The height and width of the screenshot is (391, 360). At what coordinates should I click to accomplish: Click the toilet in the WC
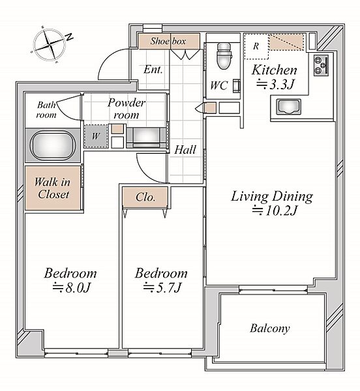(224, 56)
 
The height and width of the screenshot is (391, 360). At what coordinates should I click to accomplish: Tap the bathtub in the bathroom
(53, 145)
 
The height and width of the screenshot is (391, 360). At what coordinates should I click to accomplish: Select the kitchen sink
(289, 107)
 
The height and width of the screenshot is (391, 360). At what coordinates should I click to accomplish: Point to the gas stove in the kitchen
(322, 65)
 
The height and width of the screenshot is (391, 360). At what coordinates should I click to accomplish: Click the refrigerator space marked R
(256, 46)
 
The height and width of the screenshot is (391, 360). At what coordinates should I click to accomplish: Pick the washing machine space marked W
(96, 136)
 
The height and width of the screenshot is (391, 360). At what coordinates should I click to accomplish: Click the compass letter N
(69, 37)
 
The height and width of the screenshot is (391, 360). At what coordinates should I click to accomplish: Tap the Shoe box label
(168, 41)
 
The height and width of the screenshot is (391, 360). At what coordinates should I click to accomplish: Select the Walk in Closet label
(53, 188)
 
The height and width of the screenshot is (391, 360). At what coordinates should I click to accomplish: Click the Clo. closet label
(145, 197)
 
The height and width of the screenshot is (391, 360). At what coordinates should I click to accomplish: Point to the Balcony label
(270, 328)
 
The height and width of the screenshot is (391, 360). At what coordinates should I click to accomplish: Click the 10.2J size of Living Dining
(275, 210)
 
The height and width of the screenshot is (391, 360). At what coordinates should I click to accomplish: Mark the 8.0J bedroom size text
(71, 288)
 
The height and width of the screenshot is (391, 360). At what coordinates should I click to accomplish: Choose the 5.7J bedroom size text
(162, 288)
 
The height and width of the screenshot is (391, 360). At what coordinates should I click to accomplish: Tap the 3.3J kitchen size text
(275, 84)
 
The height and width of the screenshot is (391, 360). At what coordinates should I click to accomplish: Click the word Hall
(185, 150)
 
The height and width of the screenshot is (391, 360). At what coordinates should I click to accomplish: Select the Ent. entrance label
(153, 70)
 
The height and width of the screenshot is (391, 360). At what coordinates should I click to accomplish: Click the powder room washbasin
(146, 138)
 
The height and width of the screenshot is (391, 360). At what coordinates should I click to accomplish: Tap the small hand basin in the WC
(237, 86)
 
